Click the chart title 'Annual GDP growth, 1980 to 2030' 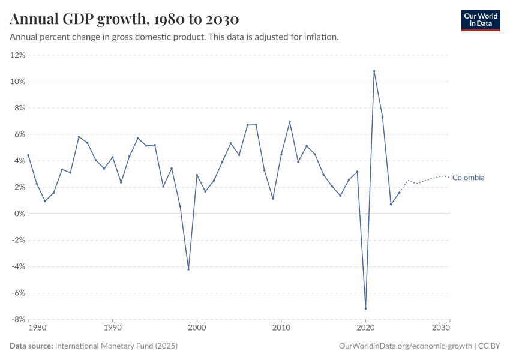(x=125, y=19)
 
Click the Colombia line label (x=468, y=178)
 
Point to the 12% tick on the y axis (x=17, y=55)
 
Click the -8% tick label (x=17, y=319)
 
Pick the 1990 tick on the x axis (x=112, y=328)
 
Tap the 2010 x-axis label (x=281, y=328)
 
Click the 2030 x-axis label (x=442, y=328)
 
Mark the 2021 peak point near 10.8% (x=374, y=71)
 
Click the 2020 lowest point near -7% (x=365, y=308)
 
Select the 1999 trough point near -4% (x=188, y=269)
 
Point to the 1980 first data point (x=28, y=155)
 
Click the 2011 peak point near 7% (x=290, y=122)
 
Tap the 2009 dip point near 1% (x=273, y=199)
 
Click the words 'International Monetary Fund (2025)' (x=116, y=346)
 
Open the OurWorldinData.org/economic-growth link (x=405, y=346)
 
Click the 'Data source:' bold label (x=31, y=346)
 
